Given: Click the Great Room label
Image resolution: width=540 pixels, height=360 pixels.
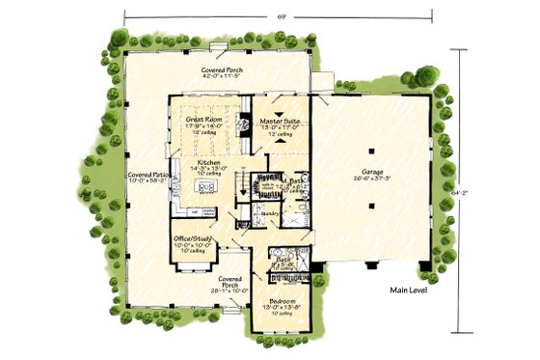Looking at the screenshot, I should (204, 120).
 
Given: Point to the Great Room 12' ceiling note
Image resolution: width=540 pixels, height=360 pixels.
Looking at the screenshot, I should (204, 133).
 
